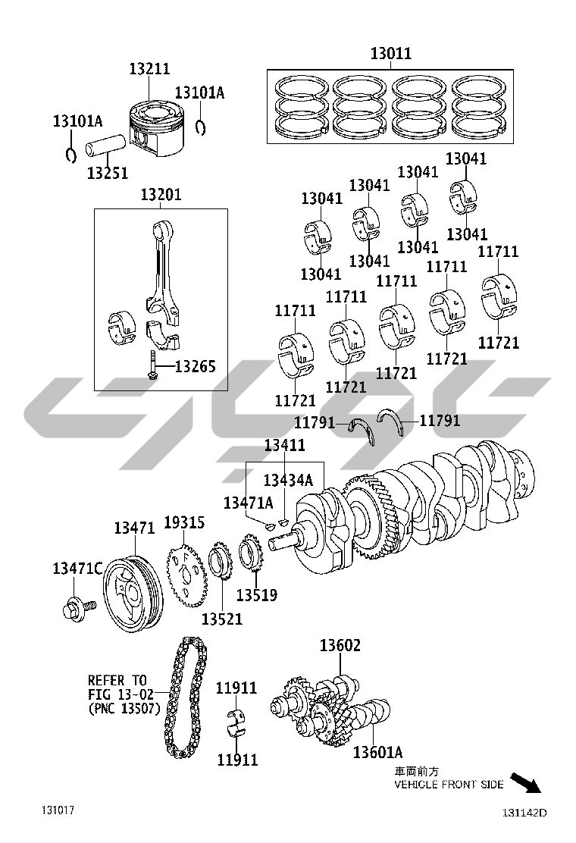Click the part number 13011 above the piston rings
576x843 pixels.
pyautogui.click(x=390, y=53)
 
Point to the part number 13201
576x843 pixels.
pyautogui.click(x=161, y=194)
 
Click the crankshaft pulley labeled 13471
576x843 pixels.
pyautogui.click(x=132, y=595)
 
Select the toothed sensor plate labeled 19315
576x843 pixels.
pyautogui.click(x=186, y=576)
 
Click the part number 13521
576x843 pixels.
pyautogui.click(x=222, y=619)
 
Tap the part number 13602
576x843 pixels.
pyautogui.click(x=340, y=645)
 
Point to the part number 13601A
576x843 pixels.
pyautogui.click(x=377, y=752)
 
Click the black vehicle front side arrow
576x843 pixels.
pyautogui.click(x=525, y=782)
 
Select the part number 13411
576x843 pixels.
pyautogui.click(x=285, y=444)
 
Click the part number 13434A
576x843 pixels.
pyautogui.click(x=288, y=480)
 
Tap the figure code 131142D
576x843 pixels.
pyautogui.click(x=524, y=813)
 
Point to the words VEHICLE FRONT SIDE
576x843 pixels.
pyautogui.click(x=449, y=785)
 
